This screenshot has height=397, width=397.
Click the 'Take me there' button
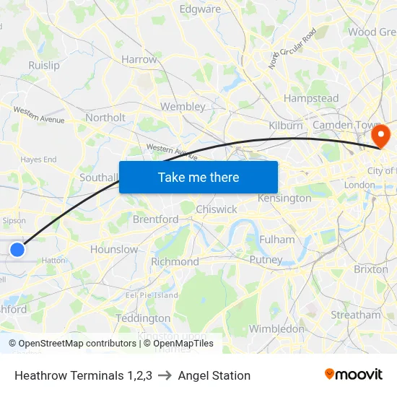tap(198, 178)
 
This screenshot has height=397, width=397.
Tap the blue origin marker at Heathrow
tap(17, 250)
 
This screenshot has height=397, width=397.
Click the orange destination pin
tap(378, 136)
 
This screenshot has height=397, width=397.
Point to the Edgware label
tap(200, 9)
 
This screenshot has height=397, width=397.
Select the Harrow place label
tap(139, 59)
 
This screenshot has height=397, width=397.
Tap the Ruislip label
tap(44, 65)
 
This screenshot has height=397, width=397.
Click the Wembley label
tap(183, 106)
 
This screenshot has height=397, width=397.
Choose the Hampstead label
tap(311, 98)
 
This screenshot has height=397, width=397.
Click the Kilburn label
tap(286, 126)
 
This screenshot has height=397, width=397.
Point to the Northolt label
tap(105, 118)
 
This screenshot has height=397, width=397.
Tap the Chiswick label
tap(217, 209)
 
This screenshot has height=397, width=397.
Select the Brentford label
tap(155, 219)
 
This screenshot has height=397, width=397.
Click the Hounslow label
tap(114, 249)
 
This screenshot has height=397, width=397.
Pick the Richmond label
tap(175, 261)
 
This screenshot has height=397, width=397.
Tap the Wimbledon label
tap(276, 328)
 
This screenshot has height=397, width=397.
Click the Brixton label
tap(371, 269)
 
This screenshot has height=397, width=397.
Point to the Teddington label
tap(143, 318)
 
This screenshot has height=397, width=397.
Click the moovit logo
tap(354, 375)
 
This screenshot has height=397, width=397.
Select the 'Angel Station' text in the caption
tap(214, 375)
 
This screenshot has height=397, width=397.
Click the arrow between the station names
tap(165, 375)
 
